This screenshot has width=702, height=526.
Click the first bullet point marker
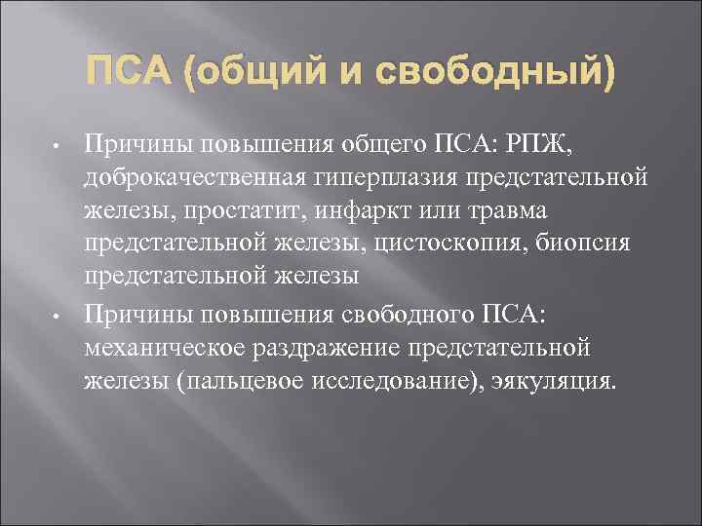coord(58,148)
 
